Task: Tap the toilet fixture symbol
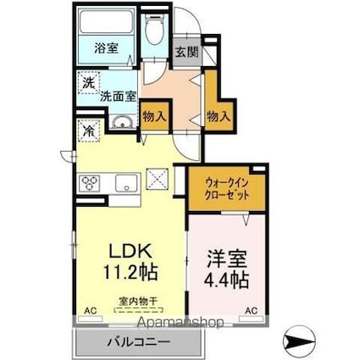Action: [x=155, y=32]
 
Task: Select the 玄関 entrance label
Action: [x=186, y=52]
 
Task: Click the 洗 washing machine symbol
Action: [x=88, y=84]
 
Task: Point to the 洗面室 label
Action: [x=118, y=96]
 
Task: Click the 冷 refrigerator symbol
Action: [x=88, y=130]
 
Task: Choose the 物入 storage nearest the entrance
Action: [x=219, y=114]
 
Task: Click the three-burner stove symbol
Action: [x=90, y=183]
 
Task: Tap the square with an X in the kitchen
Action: [x=158, y=179]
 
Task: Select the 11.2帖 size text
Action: [x=130, y=273]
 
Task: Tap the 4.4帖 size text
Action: [x=225, y=279]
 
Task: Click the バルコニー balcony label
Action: [x=138, y=343]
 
